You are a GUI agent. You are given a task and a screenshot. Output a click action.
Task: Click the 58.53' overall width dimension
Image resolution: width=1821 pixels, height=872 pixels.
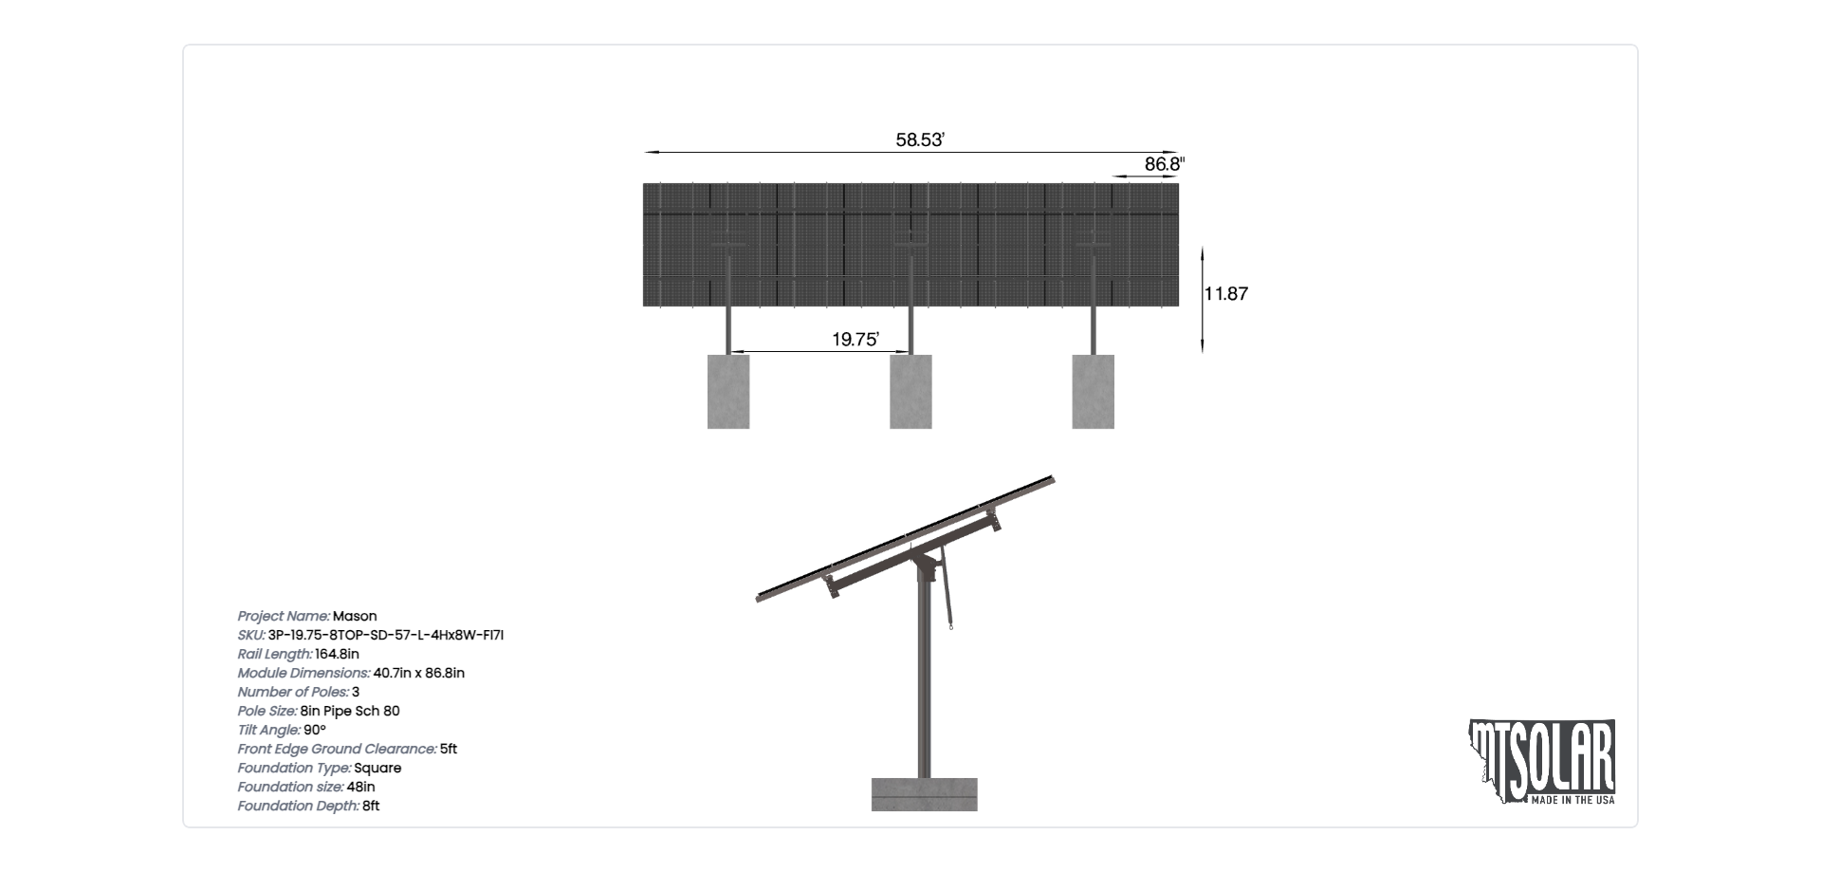point(920,140)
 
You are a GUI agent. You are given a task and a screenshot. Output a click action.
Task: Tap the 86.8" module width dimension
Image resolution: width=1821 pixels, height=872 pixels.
point(1165,164)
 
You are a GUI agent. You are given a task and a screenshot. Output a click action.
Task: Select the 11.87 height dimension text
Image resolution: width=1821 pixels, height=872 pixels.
point(1226,294)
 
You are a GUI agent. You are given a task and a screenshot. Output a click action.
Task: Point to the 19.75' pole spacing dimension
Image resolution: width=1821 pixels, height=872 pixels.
point(855,340)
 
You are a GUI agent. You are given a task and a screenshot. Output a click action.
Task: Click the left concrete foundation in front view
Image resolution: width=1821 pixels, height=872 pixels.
point(728,392)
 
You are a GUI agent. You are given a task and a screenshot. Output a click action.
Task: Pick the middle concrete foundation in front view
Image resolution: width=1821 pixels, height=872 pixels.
point(910,392)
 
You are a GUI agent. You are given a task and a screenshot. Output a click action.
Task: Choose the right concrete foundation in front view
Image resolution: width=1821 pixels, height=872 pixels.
point(1093,392)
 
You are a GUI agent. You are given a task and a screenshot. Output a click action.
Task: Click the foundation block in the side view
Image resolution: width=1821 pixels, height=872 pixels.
point(924,795)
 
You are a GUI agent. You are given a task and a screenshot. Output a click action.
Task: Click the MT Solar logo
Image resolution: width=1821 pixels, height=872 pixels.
point(1542,762)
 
